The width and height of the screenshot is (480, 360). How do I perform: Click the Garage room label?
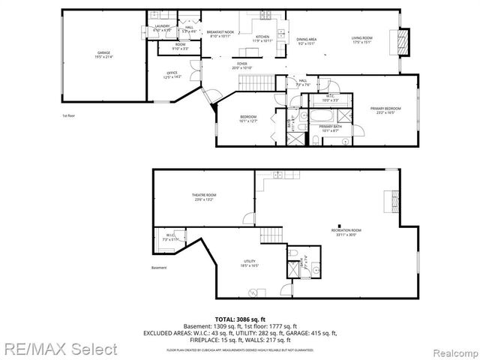[103, 54]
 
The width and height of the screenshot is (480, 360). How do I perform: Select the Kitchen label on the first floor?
[262, 38]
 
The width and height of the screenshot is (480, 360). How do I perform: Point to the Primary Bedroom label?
[385, 110]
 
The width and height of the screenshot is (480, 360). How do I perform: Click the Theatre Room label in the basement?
[203, 196]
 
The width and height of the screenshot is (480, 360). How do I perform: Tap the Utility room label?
[250, 263]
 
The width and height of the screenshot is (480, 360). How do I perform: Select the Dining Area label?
[306, 40]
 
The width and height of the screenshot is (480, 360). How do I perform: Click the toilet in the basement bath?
[295, 253]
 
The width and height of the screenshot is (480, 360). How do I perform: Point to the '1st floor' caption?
[69, 115]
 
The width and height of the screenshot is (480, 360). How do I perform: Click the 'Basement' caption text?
[158, 268]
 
